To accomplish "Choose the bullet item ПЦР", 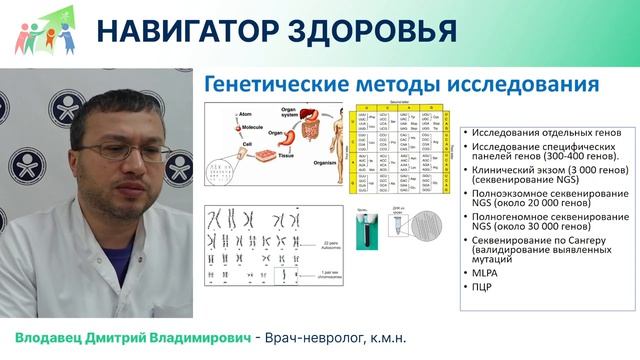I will point(477,288).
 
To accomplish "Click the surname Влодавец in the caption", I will point(59,336).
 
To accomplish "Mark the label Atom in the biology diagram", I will point(241,113).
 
